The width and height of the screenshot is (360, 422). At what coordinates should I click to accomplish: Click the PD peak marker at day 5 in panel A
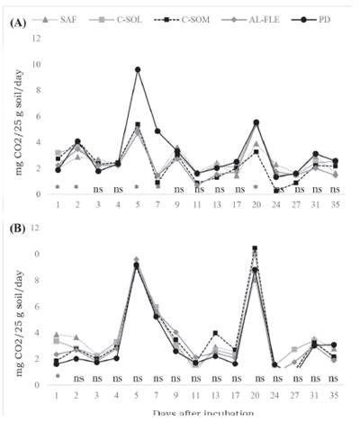pyautogui.click(x=137, y=69)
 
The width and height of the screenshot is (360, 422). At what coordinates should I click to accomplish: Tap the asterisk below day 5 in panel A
pyautogui.click(x=137, y=189)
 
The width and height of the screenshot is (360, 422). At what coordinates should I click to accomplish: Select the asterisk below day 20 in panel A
pyautogui.click(x=256, y=189)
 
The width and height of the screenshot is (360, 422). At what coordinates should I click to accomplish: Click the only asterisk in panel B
pyautogui.click(x=58, y=378)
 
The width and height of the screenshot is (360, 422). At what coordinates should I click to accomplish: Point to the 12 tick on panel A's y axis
pyautogui.click(x=35, y=39)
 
